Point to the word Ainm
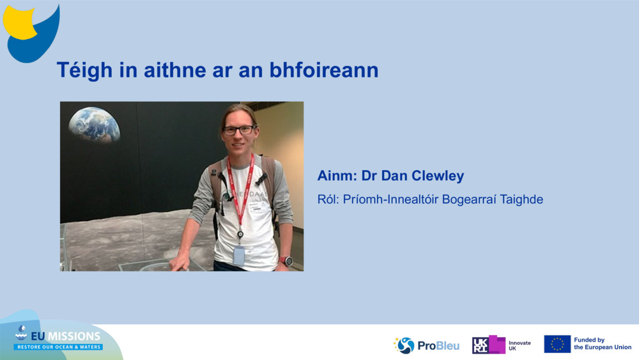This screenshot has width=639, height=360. tap(336, 176)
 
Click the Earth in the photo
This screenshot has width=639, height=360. tap(94, 124)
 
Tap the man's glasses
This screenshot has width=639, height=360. tap(238, 130)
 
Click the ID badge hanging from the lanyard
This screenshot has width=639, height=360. tap(238, 255)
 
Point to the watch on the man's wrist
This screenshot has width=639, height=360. tap(287, 261)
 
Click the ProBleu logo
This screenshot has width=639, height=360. tap(426, 345)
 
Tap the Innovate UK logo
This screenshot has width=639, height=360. tap(501, 345)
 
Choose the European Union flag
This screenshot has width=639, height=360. tap(557, 344)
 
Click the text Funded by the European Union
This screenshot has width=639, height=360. tap(602, 344)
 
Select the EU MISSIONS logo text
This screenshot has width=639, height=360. tap(64, 336)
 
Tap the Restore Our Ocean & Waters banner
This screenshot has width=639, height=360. tap(59, 347)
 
